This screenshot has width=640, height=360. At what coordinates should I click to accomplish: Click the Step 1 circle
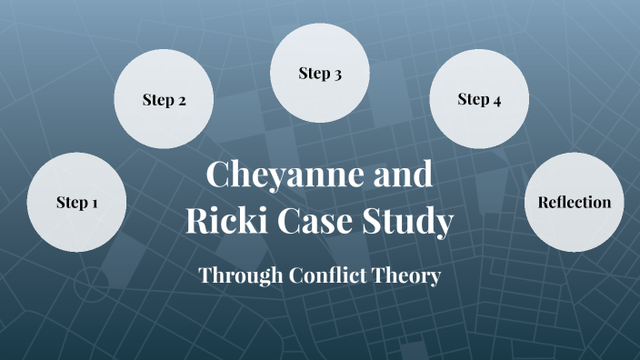[x=76, y=202]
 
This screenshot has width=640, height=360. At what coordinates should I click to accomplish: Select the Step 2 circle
[x=164, y=100]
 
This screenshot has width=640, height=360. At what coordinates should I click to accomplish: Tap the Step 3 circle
[x=320, y=74]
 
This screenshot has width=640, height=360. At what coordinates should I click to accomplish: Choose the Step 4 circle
[x=479, y=100]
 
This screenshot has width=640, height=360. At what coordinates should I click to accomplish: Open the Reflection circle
[x=575, y=202]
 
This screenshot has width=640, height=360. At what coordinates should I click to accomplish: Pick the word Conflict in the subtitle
[x=325, y=275]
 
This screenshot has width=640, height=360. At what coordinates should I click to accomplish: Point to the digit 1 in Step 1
[x=95, y=203]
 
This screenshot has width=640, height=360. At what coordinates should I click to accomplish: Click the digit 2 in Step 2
[x=182, y=101]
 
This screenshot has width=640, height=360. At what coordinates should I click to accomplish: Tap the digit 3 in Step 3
[x=337, y=75]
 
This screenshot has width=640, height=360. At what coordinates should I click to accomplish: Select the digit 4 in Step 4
[x=496, y=101]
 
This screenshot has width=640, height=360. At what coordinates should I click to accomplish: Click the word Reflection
[x=575, y=202]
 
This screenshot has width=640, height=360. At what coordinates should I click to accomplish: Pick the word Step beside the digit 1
[x=69, y=203]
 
